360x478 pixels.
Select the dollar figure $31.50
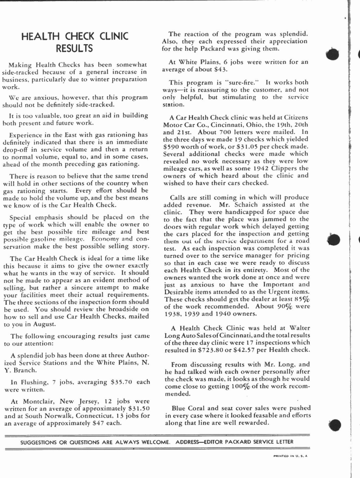click(138, 408)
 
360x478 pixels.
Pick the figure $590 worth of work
click(171, 147)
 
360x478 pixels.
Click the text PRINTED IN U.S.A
click(290, 456)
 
